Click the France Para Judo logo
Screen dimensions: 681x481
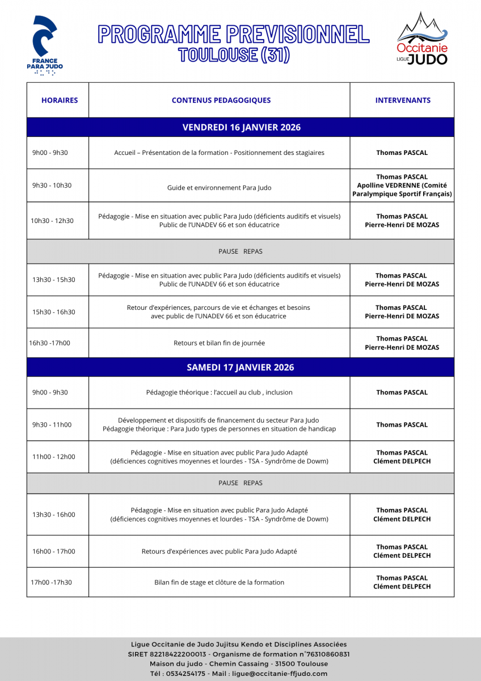click(45, 45)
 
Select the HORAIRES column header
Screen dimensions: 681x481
click(60, 100)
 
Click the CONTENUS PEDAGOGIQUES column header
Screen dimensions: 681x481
click(221, 100)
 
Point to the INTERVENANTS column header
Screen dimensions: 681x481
click(403, 100)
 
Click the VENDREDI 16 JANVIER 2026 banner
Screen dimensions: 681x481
click(241, 127)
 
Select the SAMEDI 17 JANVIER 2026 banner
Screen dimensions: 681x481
click(241, 367)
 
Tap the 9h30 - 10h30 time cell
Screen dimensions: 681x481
click(52, 186)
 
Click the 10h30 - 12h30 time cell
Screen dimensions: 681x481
click(52, 221)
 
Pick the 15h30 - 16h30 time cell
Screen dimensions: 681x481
click(53, 312)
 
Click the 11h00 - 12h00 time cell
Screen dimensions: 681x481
click(53, 457)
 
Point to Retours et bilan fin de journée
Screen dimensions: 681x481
click(219, 343)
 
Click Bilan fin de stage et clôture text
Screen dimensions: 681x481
click(219, 582)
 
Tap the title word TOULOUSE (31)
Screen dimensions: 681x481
click(234, 55)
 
